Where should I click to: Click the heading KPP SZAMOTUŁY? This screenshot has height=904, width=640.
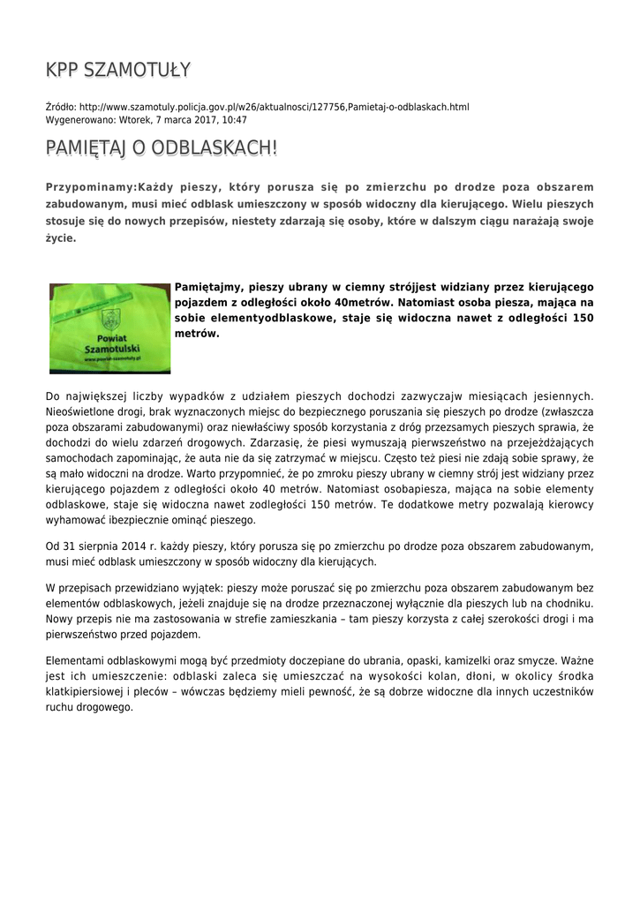(118, 70)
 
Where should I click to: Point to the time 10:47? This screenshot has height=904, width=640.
(234, 119)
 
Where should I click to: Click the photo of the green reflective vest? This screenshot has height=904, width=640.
(109, 328)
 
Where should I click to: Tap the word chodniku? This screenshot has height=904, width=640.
(568, 603)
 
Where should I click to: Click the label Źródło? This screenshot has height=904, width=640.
(60, 107)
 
